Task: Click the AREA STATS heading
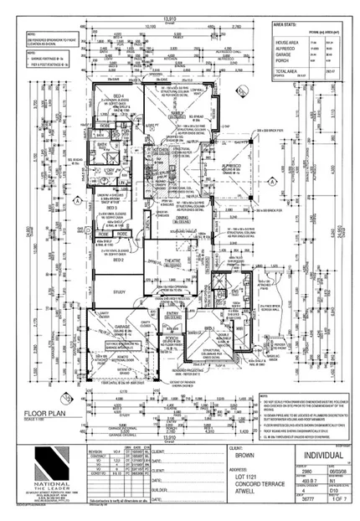(292, 25)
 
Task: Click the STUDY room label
(117, 292)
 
